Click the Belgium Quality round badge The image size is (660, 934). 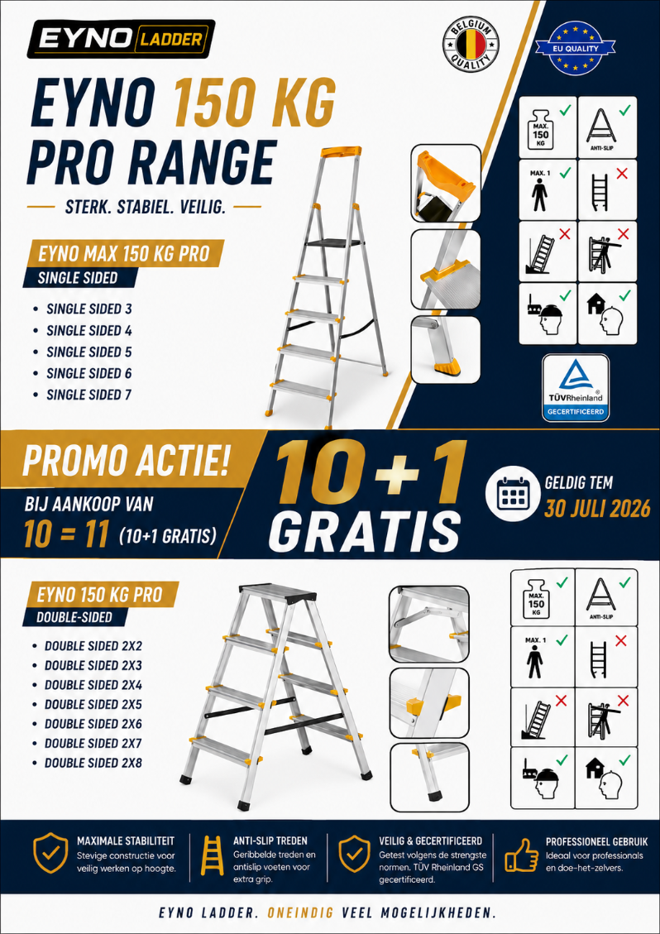[471, 45]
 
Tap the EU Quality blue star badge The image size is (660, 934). [575, 47]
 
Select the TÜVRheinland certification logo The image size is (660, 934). [575, 388]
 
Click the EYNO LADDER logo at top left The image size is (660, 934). [121, 40]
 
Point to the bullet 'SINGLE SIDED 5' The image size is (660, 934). [89, 352]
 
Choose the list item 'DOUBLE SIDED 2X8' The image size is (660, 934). [93, 763]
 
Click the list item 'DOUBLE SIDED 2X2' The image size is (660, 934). [93, 646]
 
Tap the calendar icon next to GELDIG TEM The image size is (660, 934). [509, 497]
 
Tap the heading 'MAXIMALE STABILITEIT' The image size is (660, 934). [126, 841]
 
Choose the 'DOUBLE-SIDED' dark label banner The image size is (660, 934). [75, 617]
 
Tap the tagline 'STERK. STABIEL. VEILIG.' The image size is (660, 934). [144, 208]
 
